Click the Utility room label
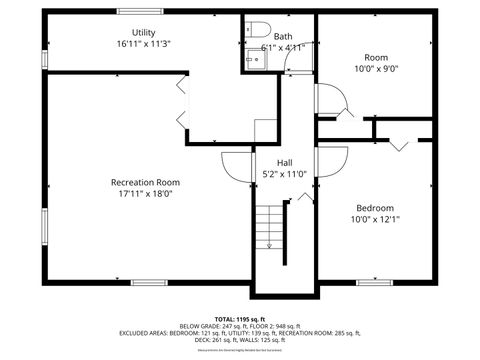tap(143, 33)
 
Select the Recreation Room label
tap(145, 182)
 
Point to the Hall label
tap(285, 162)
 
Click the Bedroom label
tap(375, 208)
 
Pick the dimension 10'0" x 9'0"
tap(376, 68)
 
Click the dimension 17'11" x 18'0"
tap(145, 194)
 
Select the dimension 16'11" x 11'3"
tap(143, 44)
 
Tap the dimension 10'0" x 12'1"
tap(375, 220)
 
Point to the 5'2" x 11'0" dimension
tap(285, 174)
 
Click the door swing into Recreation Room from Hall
tap(235, 165)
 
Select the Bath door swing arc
tap(295, 62)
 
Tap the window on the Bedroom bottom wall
tap(374, 283)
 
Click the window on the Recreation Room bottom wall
tap(149, 283)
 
